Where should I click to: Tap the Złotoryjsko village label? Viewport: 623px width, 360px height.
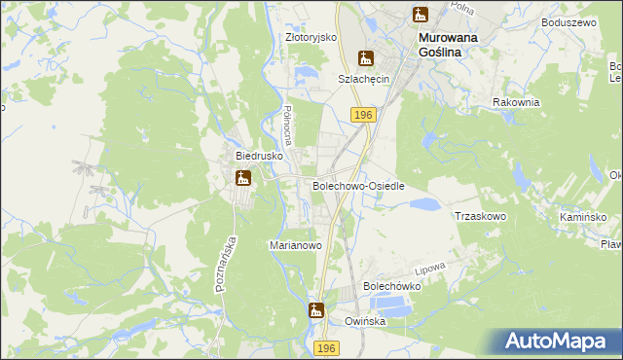(311, 37)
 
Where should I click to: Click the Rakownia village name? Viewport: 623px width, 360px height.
(515, 101)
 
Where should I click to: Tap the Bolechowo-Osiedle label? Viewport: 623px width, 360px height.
(358, 185)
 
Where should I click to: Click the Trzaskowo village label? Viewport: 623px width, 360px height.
(480, 216)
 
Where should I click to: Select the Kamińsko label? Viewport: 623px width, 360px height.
(583, 216)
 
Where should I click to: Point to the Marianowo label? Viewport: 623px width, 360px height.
(295, 246)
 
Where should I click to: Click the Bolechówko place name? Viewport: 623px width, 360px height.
(391, 287)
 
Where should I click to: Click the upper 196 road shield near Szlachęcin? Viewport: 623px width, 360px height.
(363, 115)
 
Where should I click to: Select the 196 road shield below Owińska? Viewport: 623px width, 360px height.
(327, 347)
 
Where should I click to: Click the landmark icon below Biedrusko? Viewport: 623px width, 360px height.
(242, 178)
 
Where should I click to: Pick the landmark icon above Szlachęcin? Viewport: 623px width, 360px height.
(365, 57)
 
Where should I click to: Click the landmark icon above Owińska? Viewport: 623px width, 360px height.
(315, 311)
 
